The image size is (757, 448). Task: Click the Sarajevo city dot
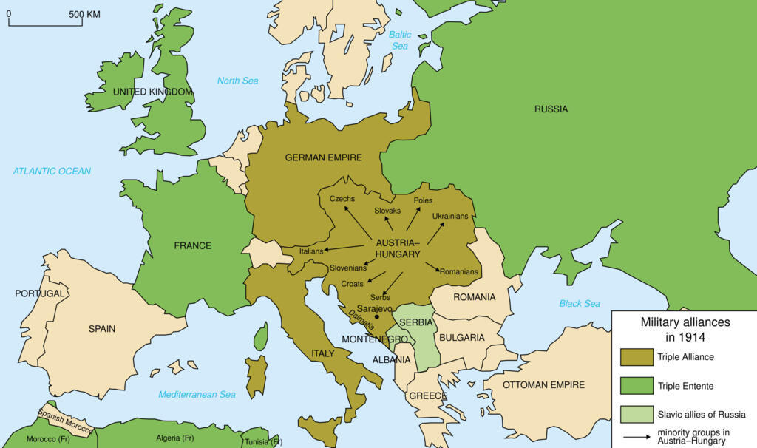click(377, 316)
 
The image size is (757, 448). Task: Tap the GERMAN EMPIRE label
click(323, 157)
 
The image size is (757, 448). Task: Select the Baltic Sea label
click(400, 40)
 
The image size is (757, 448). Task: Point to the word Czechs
click(342, 199)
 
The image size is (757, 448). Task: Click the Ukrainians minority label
click(450, 216)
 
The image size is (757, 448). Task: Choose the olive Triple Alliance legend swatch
click(637, 357)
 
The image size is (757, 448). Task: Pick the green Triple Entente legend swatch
click(637, 386)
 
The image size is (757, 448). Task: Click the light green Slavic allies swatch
click(637, 414)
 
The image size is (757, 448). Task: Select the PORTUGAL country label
click(39, 293)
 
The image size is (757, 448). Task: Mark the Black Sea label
click(580, 304)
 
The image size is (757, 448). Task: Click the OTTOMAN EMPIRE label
click(543, 384)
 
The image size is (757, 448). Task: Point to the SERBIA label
click(415, 323)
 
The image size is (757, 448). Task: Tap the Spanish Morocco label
click(65, 422)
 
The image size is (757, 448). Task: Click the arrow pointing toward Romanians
click(432, 266)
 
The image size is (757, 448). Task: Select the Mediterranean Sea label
click(197, 394)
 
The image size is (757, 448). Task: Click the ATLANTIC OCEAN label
click(52, 172)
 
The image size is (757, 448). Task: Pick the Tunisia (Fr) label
click(263, 442)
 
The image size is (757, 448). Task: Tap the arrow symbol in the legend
click(637, 436)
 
